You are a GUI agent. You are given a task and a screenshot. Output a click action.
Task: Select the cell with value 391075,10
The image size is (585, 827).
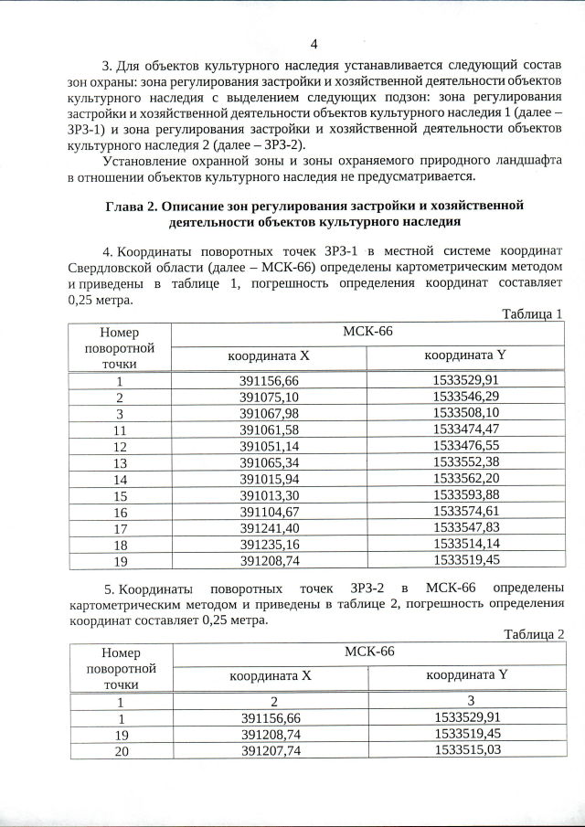click(269, 397)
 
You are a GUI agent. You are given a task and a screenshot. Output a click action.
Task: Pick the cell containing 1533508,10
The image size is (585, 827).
click(466, 412)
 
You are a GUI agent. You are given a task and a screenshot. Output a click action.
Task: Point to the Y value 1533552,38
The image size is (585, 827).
click(466, 461)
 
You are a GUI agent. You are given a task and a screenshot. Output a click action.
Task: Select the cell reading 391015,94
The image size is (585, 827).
click(269, 478)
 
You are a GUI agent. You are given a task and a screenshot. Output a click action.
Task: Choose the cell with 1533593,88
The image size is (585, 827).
click(466, 494)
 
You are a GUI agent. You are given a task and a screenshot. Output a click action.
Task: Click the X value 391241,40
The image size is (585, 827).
click(269, 527)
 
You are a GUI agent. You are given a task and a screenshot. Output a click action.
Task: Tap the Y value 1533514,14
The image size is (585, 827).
click(466, 544)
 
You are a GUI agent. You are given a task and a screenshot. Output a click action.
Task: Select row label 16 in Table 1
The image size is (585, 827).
click(119, 511)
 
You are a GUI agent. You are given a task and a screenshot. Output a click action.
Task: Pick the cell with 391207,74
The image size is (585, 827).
click(271, 749)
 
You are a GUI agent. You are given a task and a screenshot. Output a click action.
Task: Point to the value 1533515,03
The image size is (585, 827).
click(467, 749)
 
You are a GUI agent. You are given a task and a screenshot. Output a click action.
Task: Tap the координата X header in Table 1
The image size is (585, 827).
click(269, 355)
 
